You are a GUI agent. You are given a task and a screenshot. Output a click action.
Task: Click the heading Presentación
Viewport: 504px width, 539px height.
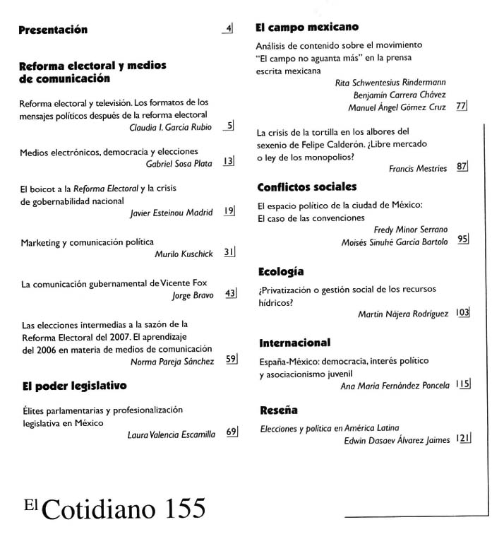click(x=53, y=30)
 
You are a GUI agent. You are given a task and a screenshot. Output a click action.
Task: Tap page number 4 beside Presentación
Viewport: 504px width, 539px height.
click(x=228, y=29)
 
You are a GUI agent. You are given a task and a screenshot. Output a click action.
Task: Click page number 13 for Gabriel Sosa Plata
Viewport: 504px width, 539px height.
click(x=227, y=162)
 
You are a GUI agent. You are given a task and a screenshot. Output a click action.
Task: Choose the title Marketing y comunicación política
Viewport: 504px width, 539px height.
click(x=88, y=242)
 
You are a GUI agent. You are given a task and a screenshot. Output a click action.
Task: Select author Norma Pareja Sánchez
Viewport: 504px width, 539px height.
click(x=172, y=361)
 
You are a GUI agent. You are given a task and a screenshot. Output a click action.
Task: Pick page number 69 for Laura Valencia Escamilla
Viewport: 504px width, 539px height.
click(x=230, y=432)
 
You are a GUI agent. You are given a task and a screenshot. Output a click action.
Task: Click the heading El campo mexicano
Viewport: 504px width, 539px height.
click(x=307, y=28)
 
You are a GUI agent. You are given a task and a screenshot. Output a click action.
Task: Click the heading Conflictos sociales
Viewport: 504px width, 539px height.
click(x=307, y=187)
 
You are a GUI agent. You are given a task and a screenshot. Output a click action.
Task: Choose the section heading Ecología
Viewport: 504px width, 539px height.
click(x=282, y=271)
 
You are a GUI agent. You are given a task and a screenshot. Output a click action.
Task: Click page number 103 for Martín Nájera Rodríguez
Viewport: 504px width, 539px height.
click(x=462, y=313)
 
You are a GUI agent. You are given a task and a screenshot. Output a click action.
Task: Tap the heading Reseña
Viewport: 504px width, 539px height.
click(x=279, y=410)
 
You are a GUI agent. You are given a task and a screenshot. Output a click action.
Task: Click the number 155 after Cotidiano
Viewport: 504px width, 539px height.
click(x=176, y=508)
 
